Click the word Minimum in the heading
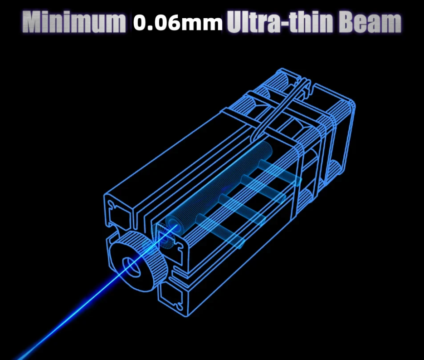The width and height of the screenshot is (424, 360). (x=74, y=22)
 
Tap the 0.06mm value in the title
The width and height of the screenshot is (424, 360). (x=178, y=22)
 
